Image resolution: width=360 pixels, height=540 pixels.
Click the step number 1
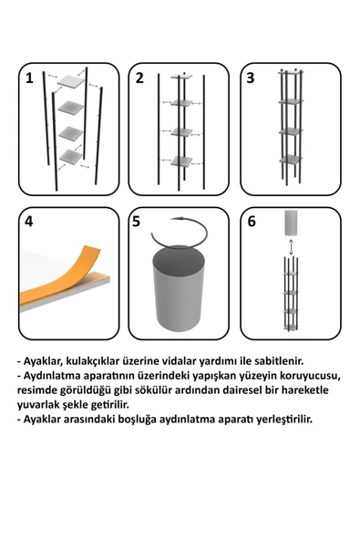[x=29, y=78]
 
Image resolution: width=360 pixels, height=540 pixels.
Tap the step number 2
[x=139, y=78]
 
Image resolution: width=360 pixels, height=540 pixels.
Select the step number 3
[x=251, y=78]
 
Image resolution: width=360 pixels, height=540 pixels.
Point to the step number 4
[x=29, y=222]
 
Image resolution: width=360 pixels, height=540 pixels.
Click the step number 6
[x=251, y=222]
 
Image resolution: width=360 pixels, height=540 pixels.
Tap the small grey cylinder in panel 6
[x=290, y=223]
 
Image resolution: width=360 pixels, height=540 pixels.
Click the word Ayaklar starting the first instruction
[x=49, y=361]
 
